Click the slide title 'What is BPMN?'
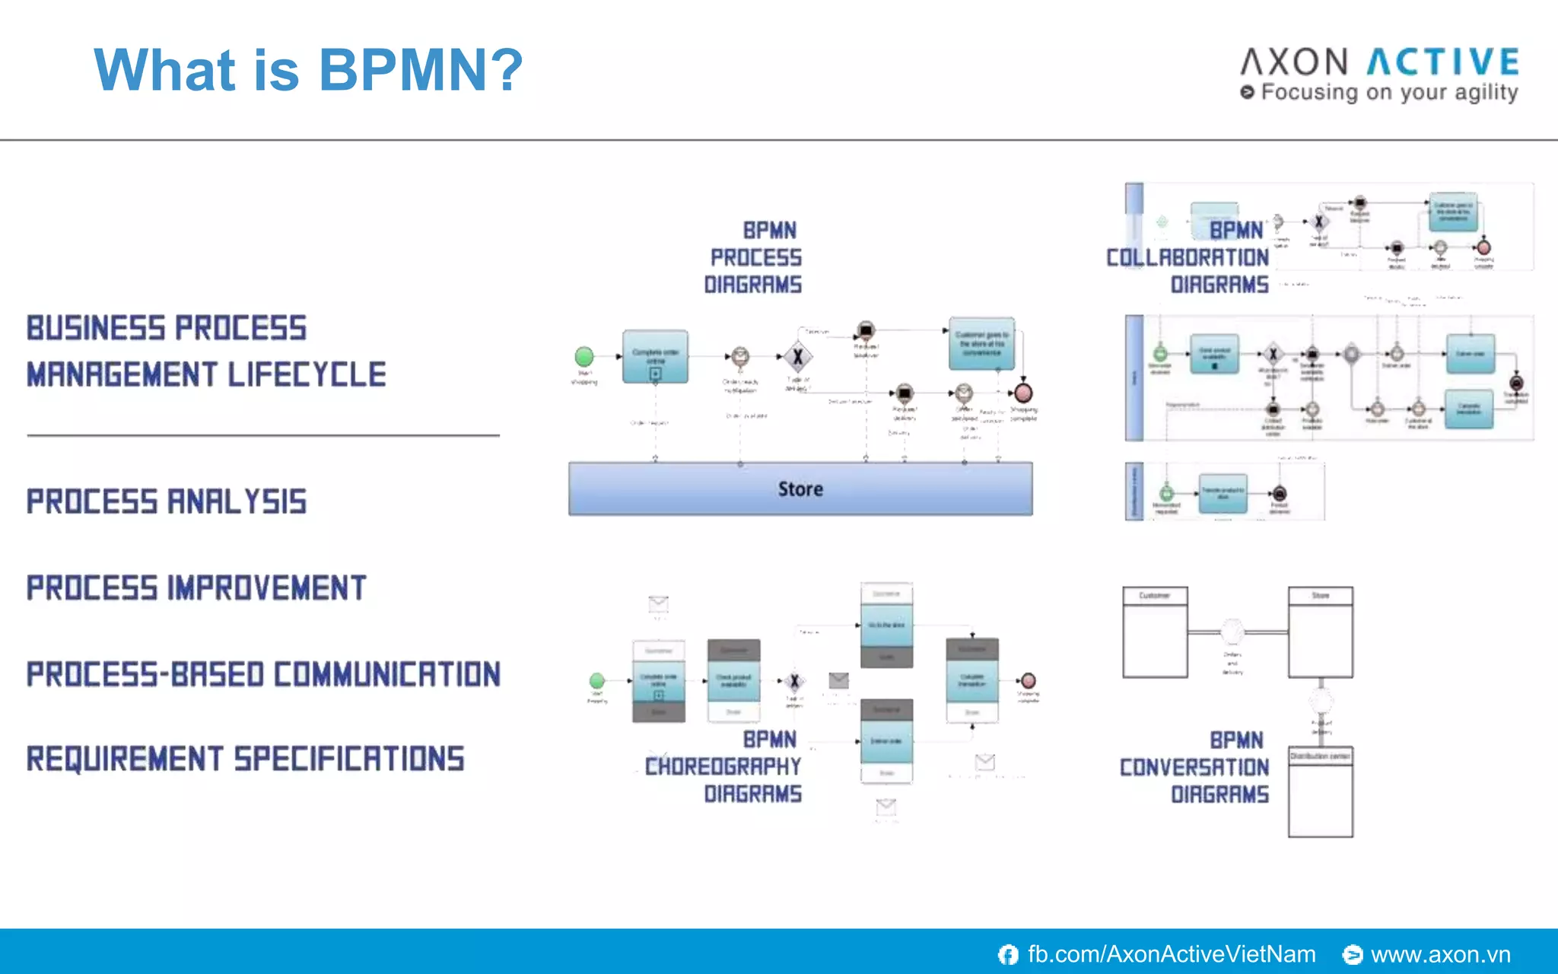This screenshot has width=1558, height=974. [x=308, y=70]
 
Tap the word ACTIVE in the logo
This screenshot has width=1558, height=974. [x=1443, y=62]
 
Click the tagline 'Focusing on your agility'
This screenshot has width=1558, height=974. [x=1388, y=92]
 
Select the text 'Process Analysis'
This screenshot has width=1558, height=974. [x=167, y=501]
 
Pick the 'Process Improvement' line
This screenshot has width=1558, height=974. [x=196, y=588]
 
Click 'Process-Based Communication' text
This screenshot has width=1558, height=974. [x=263, y=674]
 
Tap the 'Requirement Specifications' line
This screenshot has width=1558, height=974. [x=245, y=759]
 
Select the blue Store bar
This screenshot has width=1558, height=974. [x=800, y=489]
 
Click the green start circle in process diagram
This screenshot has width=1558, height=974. [x=584, y=356]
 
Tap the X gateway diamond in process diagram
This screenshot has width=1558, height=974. [x=797, y=356]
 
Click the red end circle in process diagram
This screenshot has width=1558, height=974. [x=1024, y=393]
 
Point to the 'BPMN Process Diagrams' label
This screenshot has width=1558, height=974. [x=753, y=257]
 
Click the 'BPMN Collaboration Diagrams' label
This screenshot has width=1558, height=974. [x=1188, y=257]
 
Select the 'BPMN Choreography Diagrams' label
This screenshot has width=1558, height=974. [x=723, y=766]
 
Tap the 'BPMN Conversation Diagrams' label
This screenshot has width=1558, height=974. [x=1194, y=767]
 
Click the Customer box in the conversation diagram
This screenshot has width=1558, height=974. [x=1155, y=632]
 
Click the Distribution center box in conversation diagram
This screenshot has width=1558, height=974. [x=1320, y=791]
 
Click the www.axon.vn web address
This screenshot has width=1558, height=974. [x=1439, y=954]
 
